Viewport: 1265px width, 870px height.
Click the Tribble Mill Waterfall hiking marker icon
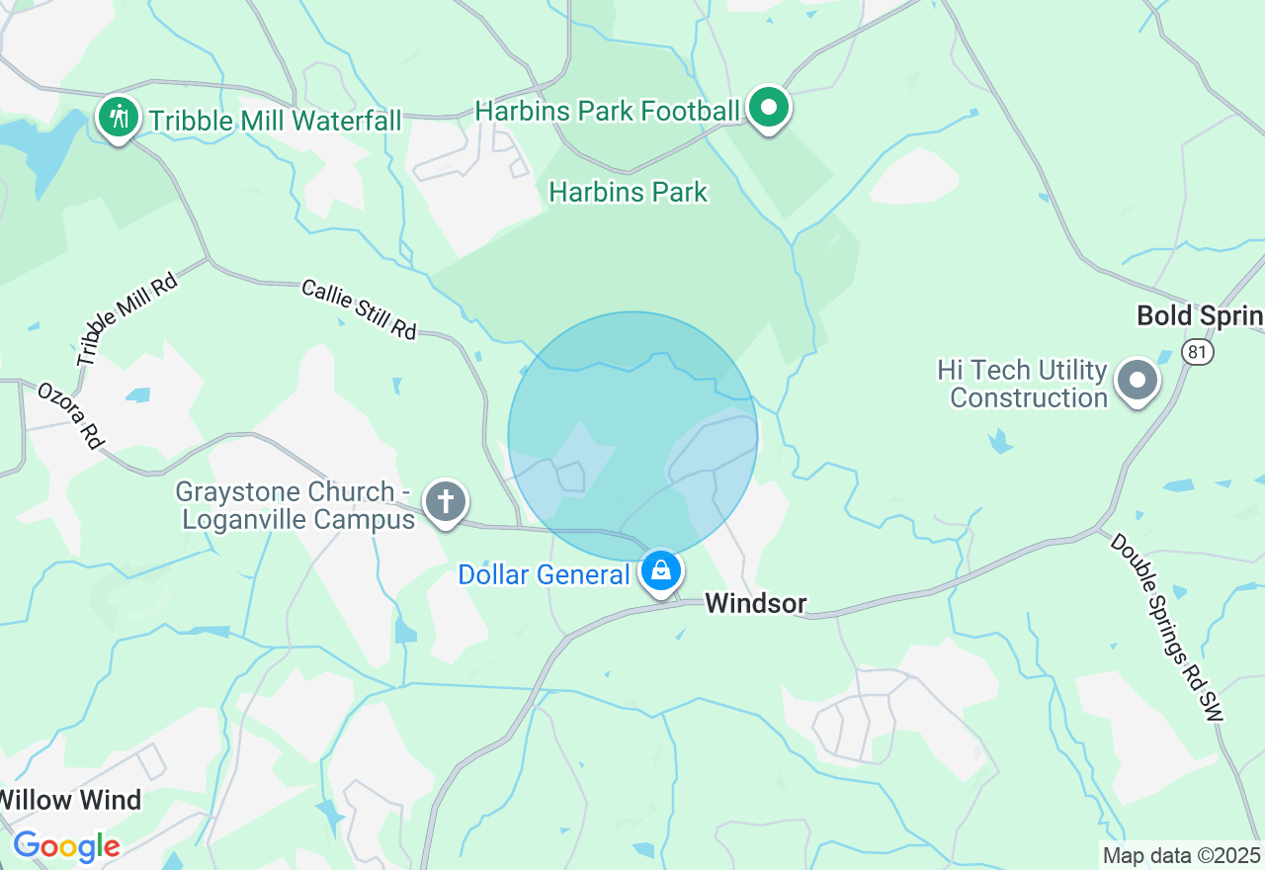tap(119, 118)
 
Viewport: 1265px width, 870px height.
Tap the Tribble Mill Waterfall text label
tap(275, 122)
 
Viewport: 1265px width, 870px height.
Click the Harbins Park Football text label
tap(607, 111)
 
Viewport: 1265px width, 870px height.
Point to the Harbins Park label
tap(629, 192)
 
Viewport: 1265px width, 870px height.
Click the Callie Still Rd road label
tap(359, 309)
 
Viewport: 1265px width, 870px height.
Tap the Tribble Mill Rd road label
tap(127, 318)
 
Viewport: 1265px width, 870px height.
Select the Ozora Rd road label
tap(70, 415)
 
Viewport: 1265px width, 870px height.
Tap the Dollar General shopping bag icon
tap(660, 570)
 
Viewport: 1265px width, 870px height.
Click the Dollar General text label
tap(544, 574)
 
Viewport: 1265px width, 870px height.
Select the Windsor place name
tap(756, 603)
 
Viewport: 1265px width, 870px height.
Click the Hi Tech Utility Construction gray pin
tap(1138, 380)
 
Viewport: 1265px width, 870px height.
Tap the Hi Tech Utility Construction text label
tap(1022, 385)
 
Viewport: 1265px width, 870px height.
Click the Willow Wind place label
tap(71, 799)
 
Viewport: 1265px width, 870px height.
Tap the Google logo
tap(66, 846)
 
